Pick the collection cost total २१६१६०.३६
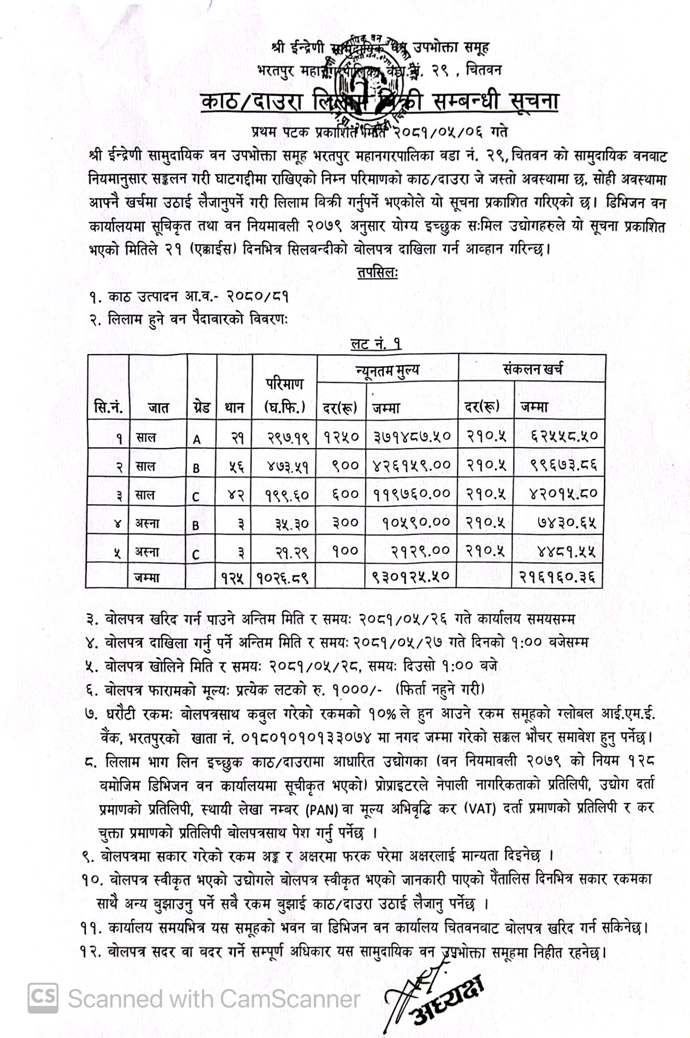click(x=559, y=576)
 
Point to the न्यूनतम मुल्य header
click(x=387, y=370)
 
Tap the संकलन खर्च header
click(x=532, y=369)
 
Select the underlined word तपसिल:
click(x=377, y=274)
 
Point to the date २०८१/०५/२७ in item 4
click(x=398, y=643)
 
